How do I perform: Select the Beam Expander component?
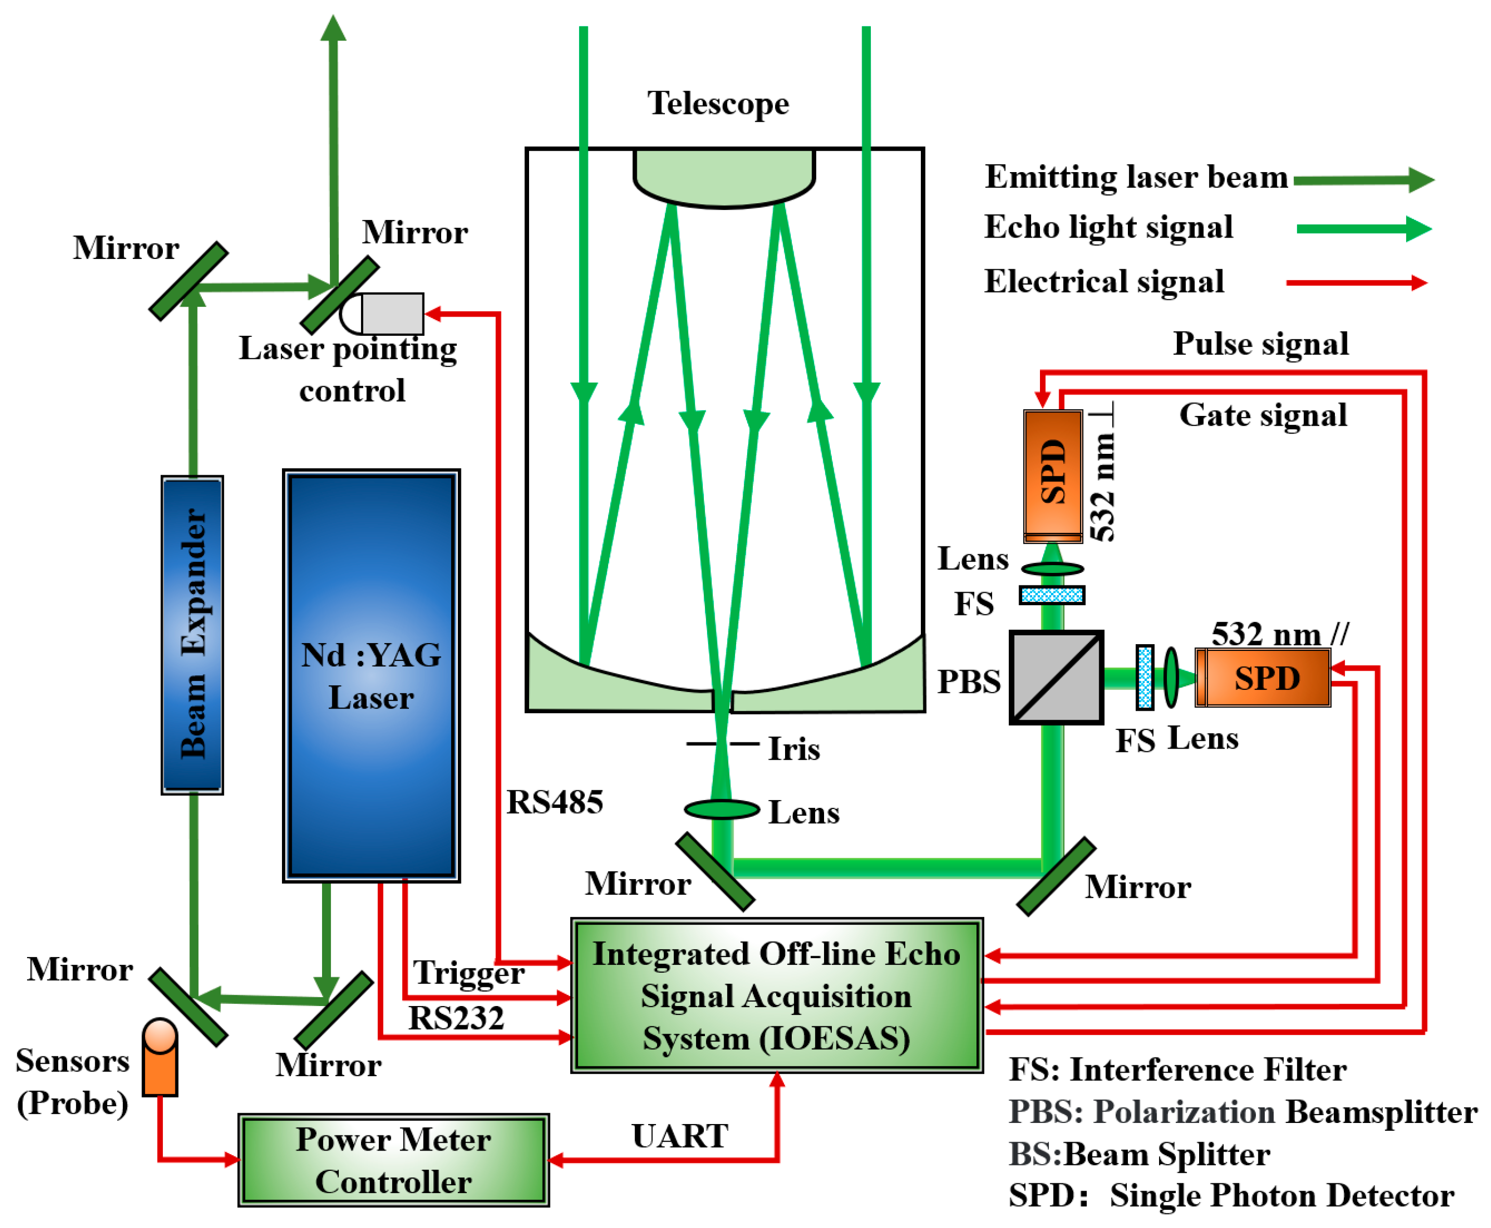coord(192,634)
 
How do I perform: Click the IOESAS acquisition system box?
coord(776,995)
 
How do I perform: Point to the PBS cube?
coord(1055,677)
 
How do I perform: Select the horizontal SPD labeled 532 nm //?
coord(1263,677)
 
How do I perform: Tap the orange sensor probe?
coord(159,1057)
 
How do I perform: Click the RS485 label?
coord(554,802)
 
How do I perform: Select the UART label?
coord(679,1135)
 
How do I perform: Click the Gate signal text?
coord(1263,415)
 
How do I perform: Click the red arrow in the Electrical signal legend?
coord(1355,283)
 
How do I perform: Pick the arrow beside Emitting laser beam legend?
coord(1362,180)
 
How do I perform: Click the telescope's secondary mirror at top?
coord(723,177)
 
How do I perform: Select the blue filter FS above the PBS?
coord(1051,595)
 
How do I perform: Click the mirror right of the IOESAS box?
coord(1055,877)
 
